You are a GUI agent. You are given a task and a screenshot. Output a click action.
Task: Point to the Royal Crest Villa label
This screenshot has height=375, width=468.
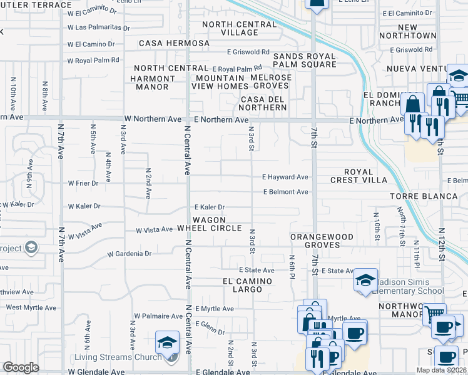tap(359, 176)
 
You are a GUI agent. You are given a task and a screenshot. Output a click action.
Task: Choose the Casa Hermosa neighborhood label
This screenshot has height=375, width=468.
tap(174, 43)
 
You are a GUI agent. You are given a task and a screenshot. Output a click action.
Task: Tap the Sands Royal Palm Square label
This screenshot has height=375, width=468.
tap(305, 60)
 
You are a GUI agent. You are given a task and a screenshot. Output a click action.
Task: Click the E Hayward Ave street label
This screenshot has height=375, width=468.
tap(285, 177)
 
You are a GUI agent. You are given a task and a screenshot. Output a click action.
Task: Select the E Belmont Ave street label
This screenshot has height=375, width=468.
tap(285, 192)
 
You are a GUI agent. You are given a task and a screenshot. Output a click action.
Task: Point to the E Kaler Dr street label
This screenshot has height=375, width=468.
tap(209, 207)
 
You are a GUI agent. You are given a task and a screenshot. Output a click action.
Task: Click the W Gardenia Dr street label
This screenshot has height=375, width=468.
tap(130, 254)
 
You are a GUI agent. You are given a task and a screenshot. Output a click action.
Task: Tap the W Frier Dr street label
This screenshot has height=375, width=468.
tap(83, 184)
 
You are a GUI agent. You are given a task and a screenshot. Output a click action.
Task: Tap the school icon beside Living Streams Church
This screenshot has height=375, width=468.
tap(167, 342)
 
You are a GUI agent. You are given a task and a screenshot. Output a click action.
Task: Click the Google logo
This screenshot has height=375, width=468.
tap(21, 367)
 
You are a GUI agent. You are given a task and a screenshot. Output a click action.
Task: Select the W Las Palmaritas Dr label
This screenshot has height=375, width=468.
tap(99, 28)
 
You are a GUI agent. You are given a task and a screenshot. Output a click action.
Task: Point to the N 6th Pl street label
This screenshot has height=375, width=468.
tap(292, 267)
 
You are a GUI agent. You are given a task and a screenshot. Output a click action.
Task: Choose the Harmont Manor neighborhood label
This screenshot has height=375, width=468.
tap(153, 82)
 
